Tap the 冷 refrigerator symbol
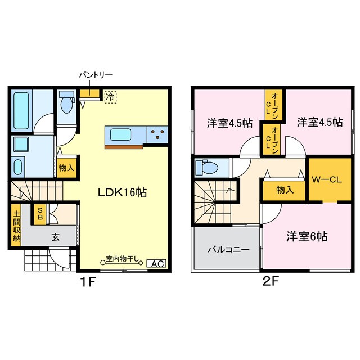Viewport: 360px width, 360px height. click(110, 97)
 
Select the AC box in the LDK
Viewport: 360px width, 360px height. click(156, 263)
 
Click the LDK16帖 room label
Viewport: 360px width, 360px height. click(124, 192)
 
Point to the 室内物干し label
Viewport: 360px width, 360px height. click(122, 260)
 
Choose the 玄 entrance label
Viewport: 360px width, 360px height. click(56, 237)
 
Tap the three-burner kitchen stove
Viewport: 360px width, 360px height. click(157, 134)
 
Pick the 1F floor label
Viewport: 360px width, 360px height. click(87, 281)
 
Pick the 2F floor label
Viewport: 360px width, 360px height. click(271, 281)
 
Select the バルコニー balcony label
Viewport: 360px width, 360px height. click(227, 249)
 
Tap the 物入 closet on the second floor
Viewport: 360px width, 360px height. click(285, 190)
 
